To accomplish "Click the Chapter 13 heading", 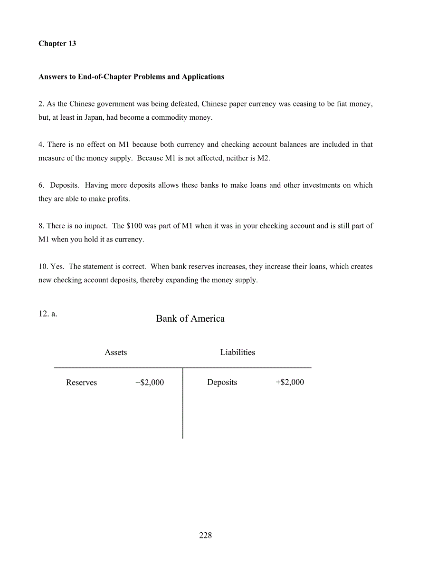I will tap(57, 44).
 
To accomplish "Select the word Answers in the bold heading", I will tap(52, 77).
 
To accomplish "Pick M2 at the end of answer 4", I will tap(263, 158).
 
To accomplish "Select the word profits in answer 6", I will tap(118, 199).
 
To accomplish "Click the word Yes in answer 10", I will tap(57, 267).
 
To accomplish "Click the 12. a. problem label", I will tap(48, 314).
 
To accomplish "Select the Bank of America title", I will tap(190, 319).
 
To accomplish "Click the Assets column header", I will tap(116, 353).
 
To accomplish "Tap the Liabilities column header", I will tap(237, 353).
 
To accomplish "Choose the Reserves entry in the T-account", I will tap(81, 383).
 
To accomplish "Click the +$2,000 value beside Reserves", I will tap(150, 383).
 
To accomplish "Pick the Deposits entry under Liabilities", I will tap(222, 383).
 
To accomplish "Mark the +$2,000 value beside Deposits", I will tap(290, 383).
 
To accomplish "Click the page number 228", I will tap(206, 536).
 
